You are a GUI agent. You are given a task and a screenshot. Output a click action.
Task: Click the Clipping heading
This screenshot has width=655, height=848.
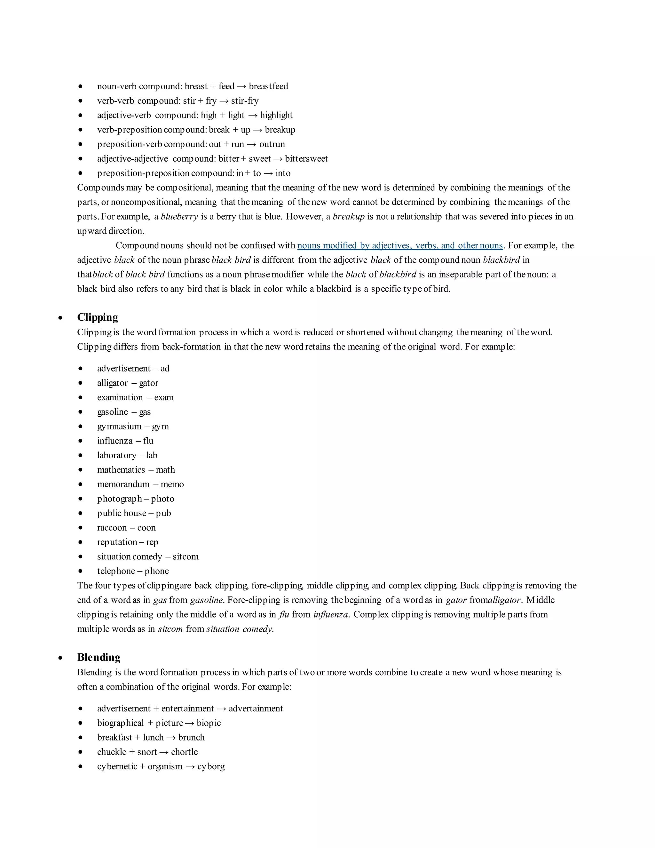point(98,317)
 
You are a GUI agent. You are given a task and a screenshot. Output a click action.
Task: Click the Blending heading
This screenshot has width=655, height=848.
point(99,657)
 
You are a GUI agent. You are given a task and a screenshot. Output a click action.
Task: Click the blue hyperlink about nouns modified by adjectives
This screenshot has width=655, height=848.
point(400,245)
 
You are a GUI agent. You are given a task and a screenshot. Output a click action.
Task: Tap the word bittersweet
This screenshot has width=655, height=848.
point(306,159)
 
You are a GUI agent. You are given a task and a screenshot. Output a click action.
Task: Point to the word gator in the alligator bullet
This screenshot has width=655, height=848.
point(149,383)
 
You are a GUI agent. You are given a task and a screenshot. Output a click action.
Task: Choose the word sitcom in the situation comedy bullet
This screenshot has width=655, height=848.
point(185,557)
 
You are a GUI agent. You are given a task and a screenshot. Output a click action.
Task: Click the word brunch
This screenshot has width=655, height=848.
point(191,738)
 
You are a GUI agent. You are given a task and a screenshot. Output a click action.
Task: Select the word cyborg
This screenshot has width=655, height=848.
point(211,766)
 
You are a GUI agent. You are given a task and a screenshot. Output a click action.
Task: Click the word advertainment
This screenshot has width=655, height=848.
point(256,708)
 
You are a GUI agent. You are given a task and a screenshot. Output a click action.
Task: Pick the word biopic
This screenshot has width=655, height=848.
point(209,723)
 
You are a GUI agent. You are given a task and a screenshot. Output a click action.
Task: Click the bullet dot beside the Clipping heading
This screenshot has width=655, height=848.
point(60,318)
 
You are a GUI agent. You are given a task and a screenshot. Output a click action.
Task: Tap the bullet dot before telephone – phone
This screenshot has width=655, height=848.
point(80,571)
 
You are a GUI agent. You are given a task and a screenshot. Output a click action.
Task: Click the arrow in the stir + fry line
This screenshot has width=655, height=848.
point(224,101)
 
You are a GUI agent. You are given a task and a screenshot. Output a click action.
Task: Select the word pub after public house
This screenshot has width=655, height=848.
point(163,513)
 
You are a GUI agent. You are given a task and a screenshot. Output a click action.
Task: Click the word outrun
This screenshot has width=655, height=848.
point(272,144)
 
